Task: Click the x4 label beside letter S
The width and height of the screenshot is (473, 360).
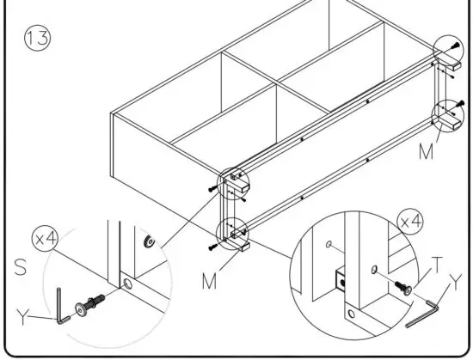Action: pyautogui.click(x=46, y=238)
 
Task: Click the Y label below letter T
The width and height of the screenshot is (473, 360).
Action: pyautogui.click(x=455, y=280)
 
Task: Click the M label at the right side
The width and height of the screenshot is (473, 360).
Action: pyautogui.click(x=424, y=151)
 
